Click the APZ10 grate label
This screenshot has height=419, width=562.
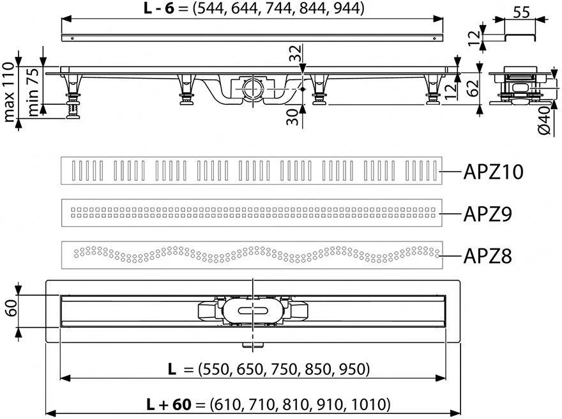(x=493, y=172)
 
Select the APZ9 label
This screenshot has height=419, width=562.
(x=487, y=214)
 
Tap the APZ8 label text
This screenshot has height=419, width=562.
(x=487, y=256)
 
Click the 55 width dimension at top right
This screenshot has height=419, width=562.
(x=521, y=12)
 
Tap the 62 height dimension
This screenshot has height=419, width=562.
(x=473, y=88)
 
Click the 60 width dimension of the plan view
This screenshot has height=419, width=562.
(x=12, y=309)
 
